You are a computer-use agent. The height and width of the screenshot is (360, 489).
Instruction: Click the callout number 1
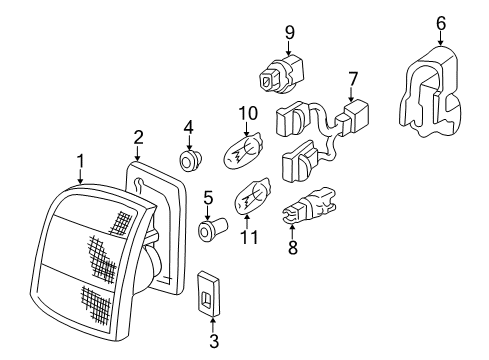click(80, 161)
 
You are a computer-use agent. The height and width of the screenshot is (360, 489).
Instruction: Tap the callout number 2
click(138, 137)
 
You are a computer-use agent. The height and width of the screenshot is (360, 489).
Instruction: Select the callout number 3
click(214, 341)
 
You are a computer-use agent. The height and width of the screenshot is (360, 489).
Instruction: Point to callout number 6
click(441, 23)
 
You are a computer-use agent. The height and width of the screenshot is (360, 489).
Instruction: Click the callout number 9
click(290, 33)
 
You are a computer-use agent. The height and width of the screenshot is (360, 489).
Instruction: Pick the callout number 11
click(249, 237)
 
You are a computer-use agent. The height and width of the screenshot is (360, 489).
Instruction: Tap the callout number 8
click(293, 247)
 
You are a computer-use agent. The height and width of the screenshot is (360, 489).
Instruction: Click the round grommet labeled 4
click(190, 160)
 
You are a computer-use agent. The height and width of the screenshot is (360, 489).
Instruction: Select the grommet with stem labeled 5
click(212, 228)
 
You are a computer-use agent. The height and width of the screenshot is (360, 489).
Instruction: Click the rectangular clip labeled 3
click(208, 293)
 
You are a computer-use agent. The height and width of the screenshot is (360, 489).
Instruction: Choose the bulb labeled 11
click(253, 197)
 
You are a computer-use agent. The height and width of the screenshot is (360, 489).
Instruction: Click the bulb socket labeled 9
click(281, 76)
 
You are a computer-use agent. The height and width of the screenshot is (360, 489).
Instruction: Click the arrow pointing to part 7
click(351, 94)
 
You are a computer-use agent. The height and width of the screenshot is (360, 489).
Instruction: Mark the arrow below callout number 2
click(137, 154)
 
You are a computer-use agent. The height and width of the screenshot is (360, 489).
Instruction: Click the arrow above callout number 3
click(213, 324)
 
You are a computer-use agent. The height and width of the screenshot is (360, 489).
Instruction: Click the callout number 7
click(353, 79)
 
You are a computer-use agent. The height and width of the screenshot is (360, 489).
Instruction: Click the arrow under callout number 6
click(441, 39)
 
